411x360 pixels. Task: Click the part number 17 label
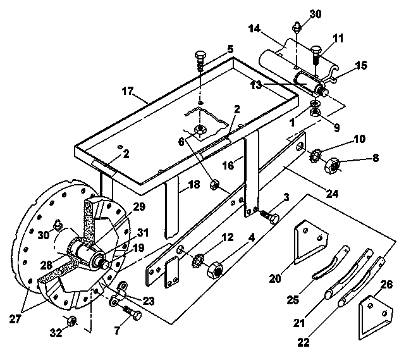(x=128, y=91)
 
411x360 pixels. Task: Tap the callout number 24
(x=332, y=194)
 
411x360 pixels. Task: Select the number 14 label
(x=255, y=28)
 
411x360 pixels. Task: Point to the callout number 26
(x=387, y=284)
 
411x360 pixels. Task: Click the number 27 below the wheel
(x=15, y=319)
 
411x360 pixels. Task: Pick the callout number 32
(x=56, y=333)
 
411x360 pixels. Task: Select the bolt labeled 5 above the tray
(x=200, y=61)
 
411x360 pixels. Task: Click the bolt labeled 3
(x=270, y=216)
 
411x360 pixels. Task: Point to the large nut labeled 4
(x=215, y=270)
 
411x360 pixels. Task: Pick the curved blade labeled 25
(x=331, y=261)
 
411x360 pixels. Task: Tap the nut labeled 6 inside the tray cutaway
(x=200, y=130)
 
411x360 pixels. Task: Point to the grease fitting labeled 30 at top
(x=297, y=27)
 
